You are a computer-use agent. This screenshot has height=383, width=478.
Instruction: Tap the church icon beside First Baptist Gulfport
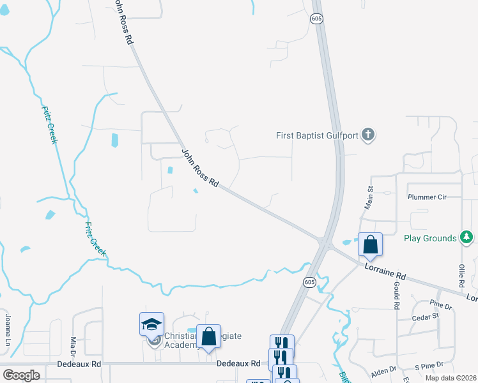tap(367, 135)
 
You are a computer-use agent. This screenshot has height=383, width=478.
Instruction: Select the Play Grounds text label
tap(430, 238)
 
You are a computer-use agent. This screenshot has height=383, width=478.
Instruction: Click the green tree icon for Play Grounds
tap(467, 238)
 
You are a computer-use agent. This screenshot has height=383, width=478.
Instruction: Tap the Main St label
tap(369, 197)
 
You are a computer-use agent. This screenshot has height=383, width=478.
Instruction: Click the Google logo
tap(21, 375)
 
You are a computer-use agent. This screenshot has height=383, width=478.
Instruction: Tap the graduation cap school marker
tap(152, 324)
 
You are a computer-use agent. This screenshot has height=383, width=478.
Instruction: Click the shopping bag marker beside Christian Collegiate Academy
tap(208, 336)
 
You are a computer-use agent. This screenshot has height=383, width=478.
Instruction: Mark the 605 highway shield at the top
tap(316, 20)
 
